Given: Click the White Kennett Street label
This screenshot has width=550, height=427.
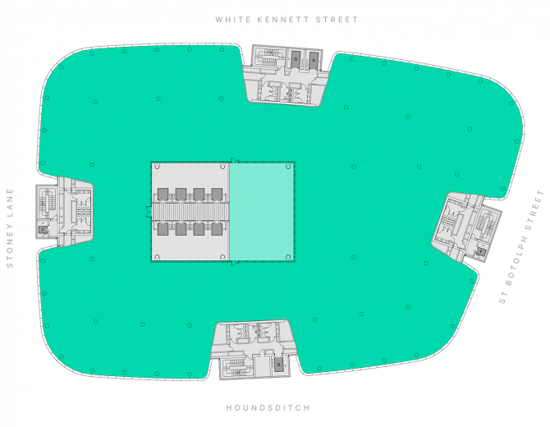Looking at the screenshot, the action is (x=286, y=20).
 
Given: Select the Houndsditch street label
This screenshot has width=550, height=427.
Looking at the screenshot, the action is (x=268, y=407).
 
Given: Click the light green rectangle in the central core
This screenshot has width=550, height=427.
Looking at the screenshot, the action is (x=262, y=212).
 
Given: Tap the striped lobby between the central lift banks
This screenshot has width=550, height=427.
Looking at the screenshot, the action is (x=190, y=212).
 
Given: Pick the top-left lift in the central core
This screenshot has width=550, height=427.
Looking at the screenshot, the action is (x=163, y=194).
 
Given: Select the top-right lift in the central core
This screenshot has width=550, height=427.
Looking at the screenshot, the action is (x=217, y=194).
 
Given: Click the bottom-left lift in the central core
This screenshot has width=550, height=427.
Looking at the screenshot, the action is (x=163, y=229).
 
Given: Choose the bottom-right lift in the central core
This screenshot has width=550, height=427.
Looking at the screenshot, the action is (x=217, y=229).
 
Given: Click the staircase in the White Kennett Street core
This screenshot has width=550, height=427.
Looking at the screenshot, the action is (x=269, y=57).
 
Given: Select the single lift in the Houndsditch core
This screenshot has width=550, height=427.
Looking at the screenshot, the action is (x=278, y=364).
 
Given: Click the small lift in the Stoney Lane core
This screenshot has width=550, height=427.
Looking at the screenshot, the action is (x=43, y=230).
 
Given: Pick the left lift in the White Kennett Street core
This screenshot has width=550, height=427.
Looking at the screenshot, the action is (x=296, y=60).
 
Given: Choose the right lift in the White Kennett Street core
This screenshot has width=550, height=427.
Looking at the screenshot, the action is (x=313, y=60).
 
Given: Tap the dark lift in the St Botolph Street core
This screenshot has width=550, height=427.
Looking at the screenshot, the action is (x=480, y=251).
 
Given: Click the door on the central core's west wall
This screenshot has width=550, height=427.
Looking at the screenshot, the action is (x=149, y=212).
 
